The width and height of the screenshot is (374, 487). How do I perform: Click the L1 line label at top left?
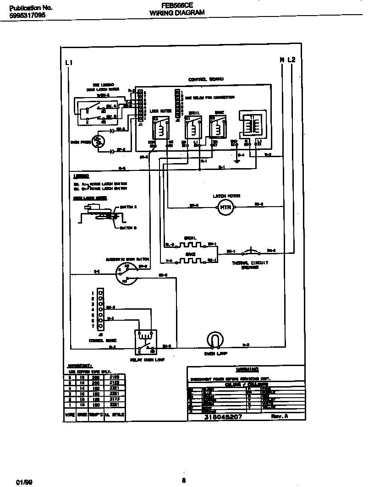pos(69,62)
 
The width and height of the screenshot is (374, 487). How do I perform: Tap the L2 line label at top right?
pos(291,60)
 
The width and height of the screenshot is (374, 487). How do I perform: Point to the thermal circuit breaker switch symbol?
pos(250,251)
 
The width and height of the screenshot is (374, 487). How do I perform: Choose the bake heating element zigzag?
pos(190,260)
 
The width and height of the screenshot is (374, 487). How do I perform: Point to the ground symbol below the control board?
pos(236,160)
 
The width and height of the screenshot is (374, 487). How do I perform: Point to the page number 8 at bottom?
pos(183,480)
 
